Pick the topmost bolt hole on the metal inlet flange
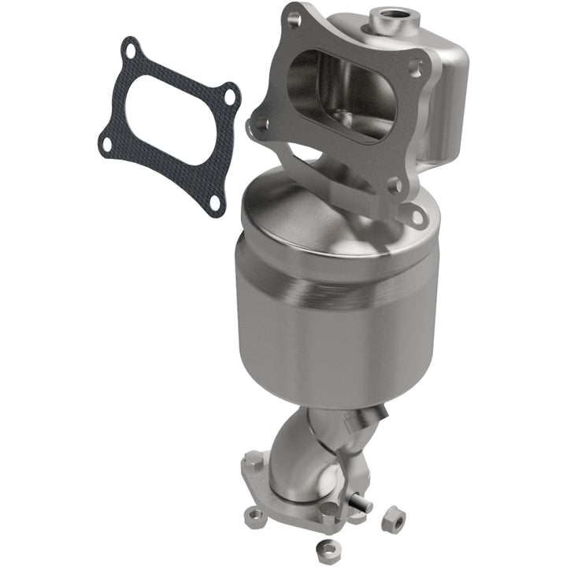[293, 20]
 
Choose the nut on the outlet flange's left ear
[254, 516]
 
